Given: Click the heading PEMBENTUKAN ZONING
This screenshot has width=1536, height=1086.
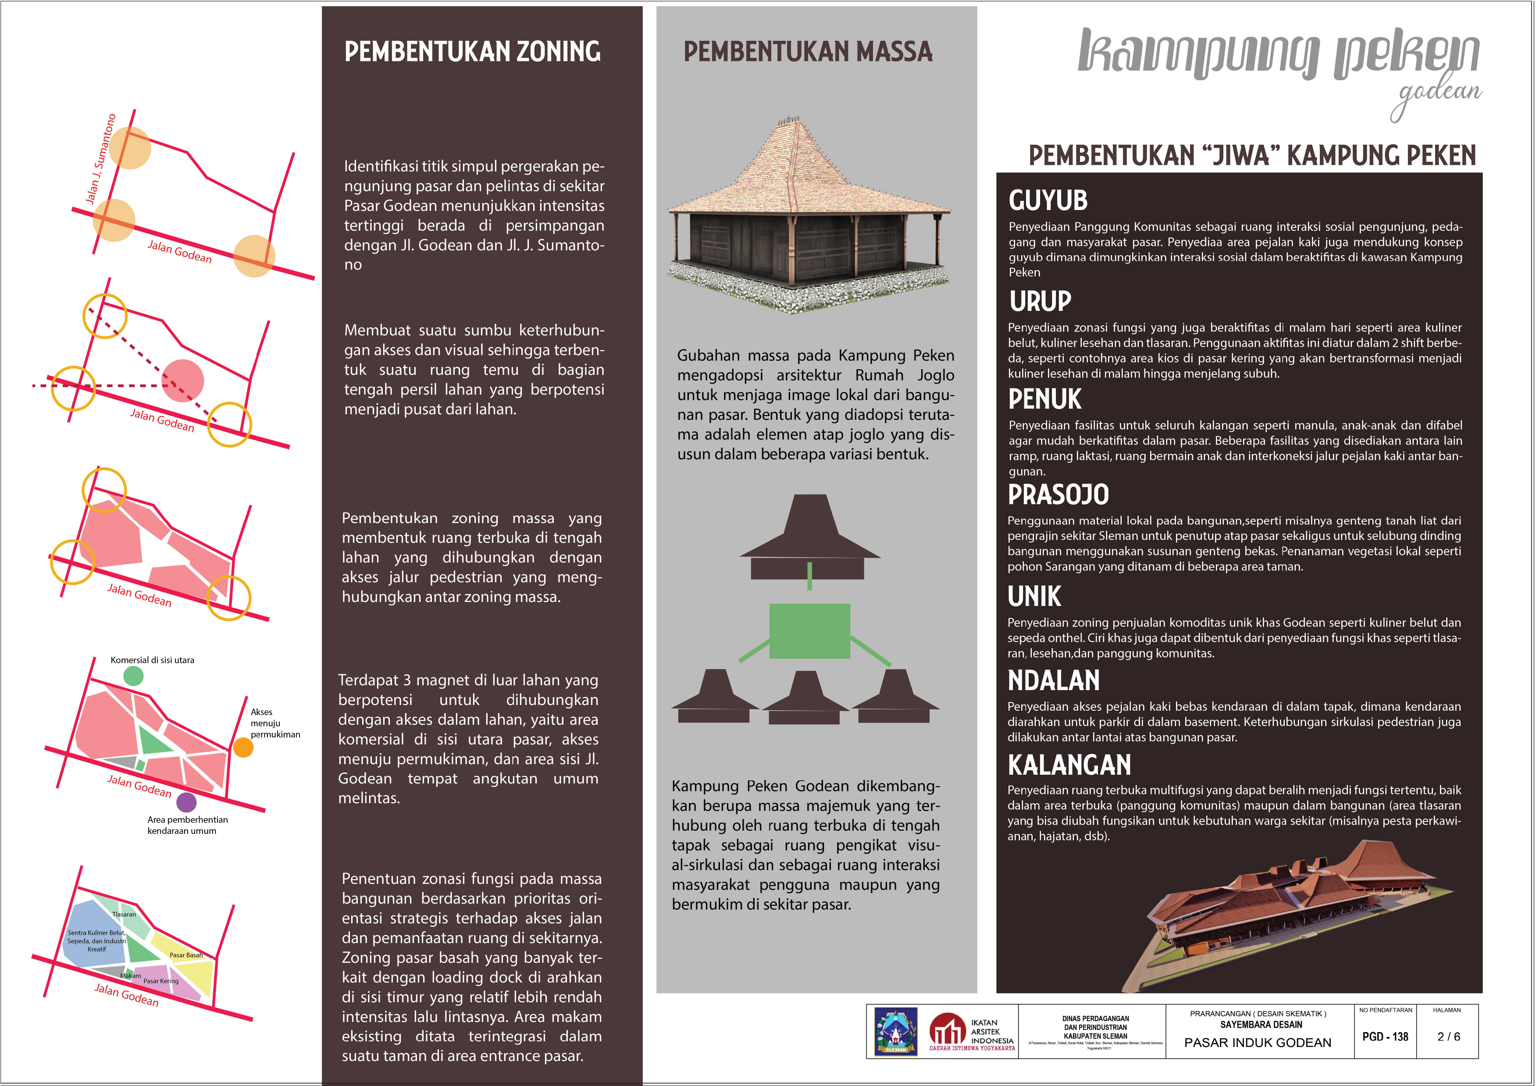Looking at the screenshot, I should (472, 51).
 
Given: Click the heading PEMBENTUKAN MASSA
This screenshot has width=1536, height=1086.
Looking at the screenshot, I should (808, 51).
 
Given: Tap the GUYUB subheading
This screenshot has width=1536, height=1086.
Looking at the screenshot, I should (1048, 201).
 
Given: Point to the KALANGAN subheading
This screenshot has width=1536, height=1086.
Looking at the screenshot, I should (1069, 765).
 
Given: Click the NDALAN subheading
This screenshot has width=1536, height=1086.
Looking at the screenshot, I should (1054, 681).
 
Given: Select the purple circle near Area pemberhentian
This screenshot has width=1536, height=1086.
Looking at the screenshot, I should (186, 802).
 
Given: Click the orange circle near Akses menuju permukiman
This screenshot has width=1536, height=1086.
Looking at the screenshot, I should (243, 747).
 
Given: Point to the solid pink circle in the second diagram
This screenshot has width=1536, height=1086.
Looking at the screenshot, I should (183, 380).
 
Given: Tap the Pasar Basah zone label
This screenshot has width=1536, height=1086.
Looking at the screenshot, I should (185, 955).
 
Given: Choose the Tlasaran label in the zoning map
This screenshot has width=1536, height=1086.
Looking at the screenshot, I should (124, 914).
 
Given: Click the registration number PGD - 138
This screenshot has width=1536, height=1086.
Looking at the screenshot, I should (1385, 1036).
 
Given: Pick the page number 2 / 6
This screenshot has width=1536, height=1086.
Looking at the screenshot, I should (1448, 1036).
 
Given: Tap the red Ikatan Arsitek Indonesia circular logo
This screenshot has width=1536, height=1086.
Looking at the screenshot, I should (947, 1030).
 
